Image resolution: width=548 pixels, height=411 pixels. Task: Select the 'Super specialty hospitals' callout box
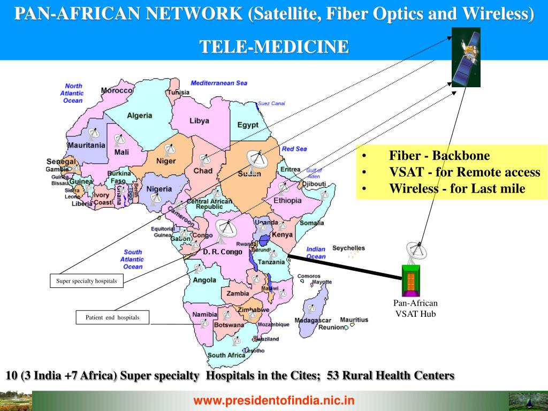coord(86,281)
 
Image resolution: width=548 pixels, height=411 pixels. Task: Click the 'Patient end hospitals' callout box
coord(112,317)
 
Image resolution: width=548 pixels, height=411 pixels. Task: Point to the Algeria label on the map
coord(139,115)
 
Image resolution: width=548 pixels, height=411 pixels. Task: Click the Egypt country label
coord(248,125)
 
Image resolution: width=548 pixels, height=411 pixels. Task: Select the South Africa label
coord(226,355)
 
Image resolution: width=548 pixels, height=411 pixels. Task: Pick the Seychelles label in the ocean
coord(348,248)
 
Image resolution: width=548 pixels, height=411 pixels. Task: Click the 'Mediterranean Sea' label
coord(219,83)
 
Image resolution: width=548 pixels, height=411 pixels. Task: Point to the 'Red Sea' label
coord(294,148)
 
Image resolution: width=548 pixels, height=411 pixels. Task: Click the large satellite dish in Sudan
coord(256,159)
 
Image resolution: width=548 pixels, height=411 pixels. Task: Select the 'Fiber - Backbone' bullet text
coord(439,156)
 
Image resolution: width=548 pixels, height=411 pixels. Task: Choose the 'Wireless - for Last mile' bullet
coord(457,188)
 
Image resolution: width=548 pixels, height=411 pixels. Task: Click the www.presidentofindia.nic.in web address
coord(274,400)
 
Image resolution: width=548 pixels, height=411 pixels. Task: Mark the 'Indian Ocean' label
coord(316,253)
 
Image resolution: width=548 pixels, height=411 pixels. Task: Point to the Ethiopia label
coord(287,201)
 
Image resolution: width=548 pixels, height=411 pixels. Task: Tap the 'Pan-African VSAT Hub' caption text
coord(415,308)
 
